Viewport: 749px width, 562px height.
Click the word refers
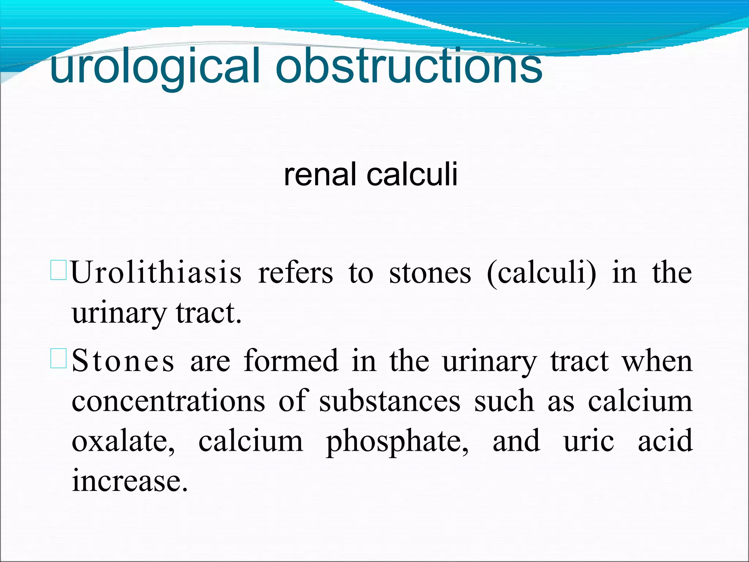tap(296, 273)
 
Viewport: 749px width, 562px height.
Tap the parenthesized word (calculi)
tap(541, 273)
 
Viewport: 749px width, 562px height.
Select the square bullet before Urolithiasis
tap(58, 270)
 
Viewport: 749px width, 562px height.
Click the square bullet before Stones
tap(58, 358)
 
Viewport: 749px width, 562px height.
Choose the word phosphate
tap(397, 441)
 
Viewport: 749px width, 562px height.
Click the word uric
tap(588, 441)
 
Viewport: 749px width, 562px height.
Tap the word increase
tap(129, 481)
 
